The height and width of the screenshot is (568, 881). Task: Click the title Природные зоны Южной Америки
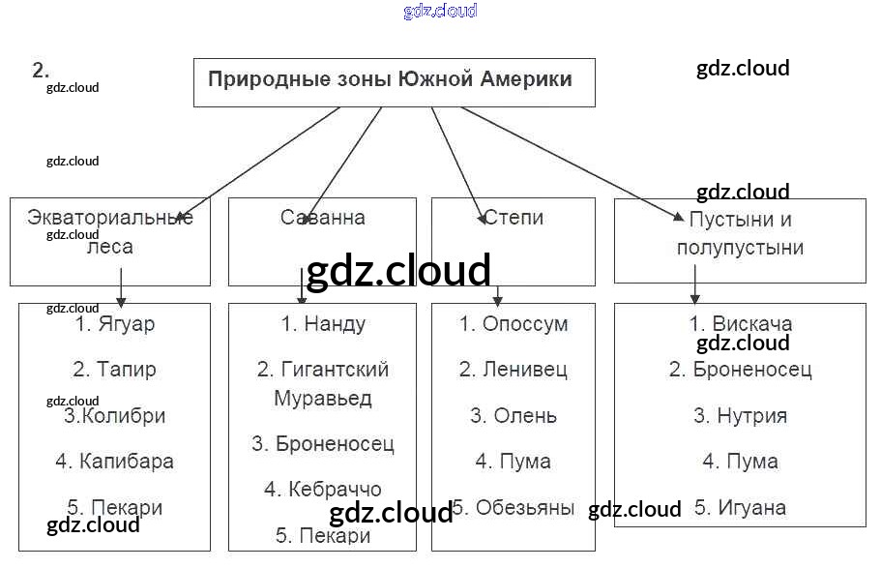(390, 79)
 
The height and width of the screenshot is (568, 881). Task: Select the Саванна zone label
(322, 218)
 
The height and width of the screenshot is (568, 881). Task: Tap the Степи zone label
(514, 218)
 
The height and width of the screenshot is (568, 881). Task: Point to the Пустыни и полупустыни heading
(740, 233)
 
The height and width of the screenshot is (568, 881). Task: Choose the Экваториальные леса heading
(110, 231)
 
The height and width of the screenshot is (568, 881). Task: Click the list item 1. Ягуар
(114, 324)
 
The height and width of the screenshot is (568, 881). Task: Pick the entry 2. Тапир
(114, 370)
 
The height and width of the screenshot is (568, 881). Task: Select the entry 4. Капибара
(114, 462)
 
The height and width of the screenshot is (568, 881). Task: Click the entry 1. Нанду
(323, 324)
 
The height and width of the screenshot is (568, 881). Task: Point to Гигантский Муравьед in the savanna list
(323, 383)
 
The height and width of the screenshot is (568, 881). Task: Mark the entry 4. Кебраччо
(323, 490)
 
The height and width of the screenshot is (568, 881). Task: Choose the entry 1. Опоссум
(514, 324)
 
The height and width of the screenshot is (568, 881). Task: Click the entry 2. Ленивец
(514, 370)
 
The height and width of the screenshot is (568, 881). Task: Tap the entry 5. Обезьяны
(514, 508)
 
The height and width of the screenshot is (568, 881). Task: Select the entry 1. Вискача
(740, 324)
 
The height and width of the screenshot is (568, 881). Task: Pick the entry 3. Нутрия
(740, 416)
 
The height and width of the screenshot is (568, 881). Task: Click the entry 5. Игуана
(740, 508)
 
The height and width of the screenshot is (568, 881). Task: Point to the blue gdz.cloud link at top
(440, 12)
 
